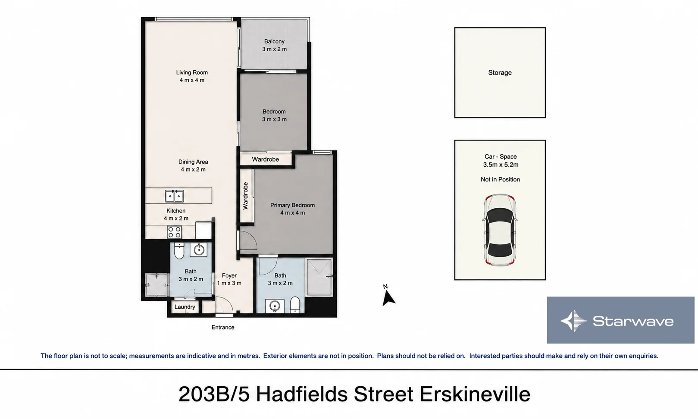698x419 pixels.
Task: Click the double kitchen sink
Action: (x=174, y=196)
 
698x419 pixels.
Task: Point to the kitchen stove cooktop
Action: (x=174, y=232)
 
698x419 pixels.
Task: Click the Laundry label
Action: (x=185, y=307)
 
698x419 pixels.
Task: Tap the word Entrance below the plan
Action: (x=223, y=328)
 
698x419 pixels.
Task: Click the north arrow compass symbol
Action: (x=388, y=297)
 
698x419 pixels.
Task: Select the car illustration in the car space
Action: (x=500, y=230)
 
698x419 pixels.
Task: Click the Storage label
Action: (x=500, y=72)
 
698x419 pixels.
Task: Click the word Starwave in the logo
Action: (x=633, y=321)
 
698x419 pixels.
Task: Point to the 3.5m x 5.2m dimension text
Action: (x=501, y=165)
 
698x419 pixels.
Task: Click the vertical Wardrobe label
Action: (x=246, y=196)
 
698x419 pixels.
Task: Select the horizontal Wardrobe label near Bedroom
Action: (x=265, y=159)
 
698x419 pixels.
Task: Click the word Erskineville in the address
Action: (x=475, y=394)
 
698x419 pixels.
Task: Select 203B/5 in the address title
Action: (x=214, y=394)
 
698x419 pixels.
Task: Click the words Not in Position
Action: (x=500, y=179)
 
